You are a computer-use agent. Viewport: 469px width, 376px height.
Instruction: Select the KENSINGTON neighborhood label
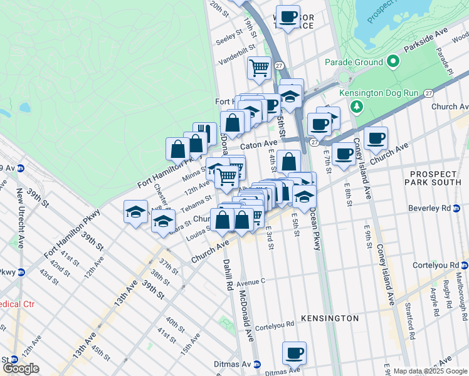[330, 318]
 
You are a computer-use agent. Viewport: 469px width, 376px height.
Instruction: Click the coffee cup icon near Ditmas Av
[294, 353]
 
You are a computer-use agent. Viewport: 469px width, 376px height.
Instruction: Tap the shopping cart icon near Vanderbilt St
[259, 67]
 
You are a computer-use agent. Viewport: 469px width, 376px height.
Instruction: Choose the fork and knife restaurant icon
[204, 133]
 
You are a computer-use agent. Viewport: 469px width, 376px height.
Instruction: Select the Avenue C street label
[251, 281]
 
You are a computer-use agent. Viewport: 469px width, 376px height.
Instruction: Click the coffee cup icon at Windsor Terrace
[288, 17]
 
